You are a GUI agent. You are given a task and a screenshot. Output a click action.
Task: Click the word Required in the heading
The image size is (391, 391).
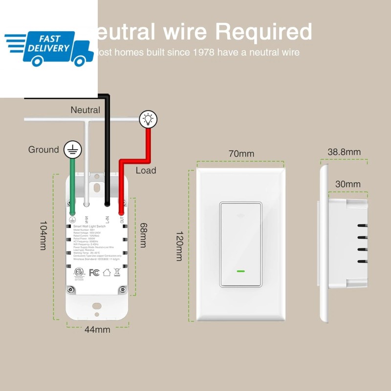tap(263, 32)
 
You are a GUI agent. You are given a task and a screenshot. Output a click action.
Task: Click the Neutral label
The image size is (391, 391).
tap(85, 110)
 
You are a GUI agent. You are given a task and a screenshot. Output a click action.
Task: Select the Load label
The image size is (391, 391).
tap(146, 170)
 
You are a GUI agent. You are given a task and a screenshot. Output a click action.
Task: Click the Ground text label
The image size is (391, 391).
tap(43, 150)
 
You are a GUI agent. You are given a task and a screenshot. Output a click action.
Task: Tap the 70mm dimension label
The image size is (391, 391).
tap(241, 153)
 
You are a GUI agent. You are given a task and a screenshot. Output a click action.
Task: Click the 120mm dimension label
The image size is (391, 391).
tap(179, 246)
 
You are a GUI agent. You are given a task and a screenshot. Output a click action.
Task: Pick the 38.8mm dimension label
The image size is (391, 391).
tap(344, 152)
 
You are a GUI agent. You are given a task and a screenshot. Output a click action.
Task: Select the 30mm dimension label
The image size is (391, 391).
tap(348, 184)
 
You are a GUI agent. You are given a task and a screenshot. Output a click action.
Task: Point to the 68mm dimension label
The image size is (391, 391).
tap(142, 235)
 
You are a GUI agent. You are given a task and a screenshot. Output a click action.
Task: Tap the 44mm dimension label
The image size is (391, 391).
tap(97, 329)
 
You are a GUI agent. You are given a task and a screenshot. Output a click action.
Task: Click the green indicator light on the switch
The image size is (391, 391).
tap(240, 270)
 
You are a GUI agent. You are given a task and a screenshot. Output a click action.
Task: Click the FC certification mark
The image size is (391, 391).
tap(94, 272)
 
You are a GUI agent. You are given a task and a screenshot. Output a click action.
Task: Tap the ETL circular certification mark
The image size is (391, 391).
tap(76, 271)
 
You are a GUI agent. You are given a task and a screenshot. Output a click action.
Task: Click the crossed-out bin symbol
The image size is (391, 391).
tap(117, 272)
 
